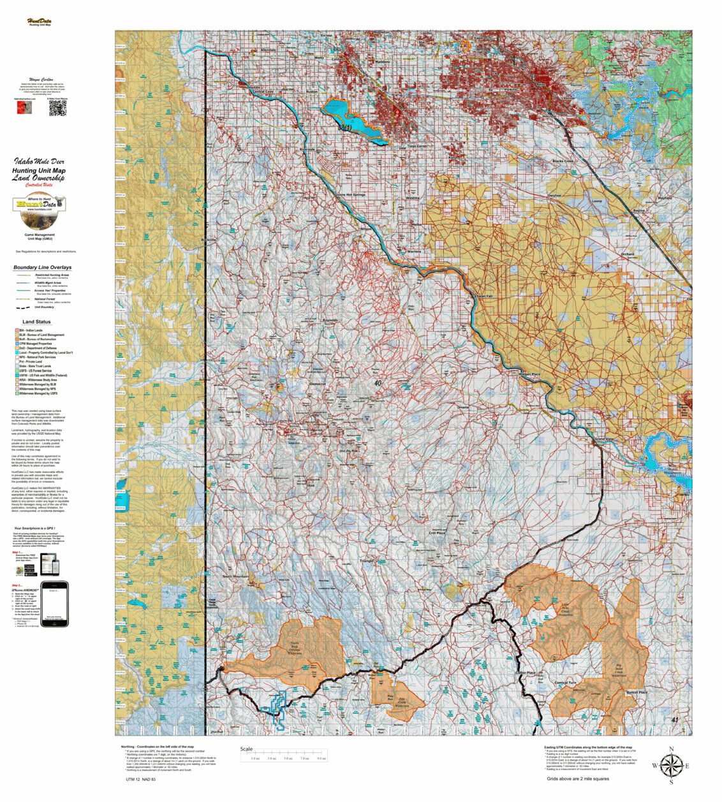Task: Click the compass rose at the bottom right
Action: (670, 765)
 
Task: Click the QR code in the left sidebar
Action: (57, 109)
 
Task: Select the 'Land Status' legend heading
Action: (36, 322)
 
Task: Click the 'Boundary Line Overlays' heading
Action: (42, 268)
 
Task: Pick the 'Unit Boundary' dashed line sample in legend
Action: (22, 307)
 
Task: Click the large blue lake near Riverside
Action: (354, 120)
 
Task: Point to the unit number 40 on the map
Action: (378, 383)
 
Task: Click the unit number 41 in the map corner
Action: (675, 720)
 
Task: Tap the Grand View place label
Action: (603, 439)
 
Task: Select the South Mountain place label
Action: (235, 576)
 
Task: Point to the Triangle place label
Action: (367, 561)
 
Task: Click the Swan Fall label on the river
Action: (483, 296)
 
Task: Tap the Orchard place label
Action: (628, 254)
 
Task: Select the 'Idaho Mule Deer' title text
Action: (39, 162)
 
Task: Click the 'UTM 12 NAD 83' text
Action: (140, 779)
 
